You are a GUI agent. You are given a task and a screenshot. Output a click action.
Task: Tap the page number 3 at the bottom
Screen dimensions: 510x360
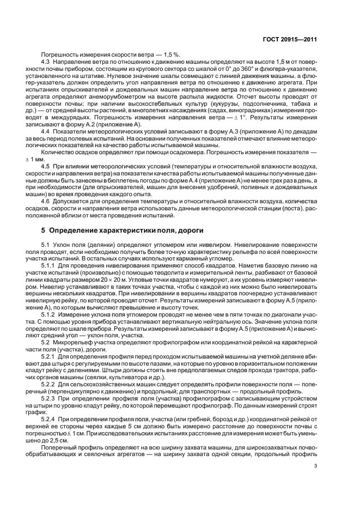[315, 465]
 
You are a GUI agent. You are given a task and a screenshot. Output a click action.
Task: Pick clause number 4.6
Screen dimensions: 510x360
[47, 202]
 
